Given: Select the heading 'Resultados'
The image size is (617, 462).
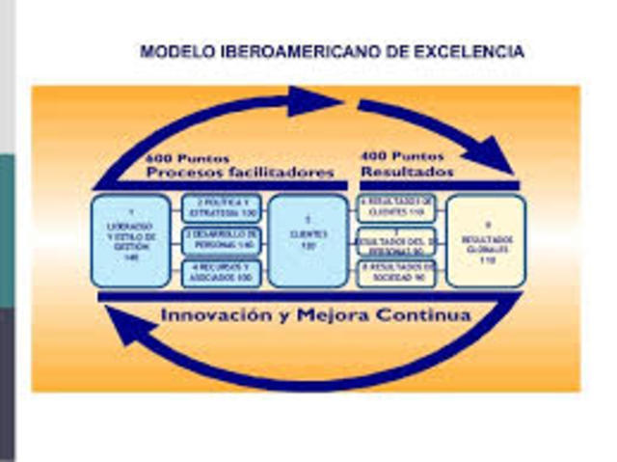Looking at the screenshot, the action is [408, 172].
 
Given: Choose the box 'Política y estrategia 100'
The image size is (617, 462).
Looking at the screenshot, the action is [222, 207].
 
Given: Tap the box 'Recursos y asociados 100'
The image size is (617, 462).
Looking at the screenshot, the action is [222, 273].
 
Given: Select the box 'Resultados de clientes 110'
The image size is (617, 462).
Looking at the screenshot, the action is [398, 207].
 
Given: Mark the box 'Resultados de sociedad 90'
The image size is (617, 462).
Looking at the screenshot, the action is [398, 273].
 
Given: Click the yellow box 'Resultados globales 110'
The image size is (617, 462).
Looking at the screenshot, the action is [486, 240].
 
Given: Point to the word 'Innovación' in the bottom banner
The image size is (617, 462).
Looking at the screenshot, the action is [214, 315].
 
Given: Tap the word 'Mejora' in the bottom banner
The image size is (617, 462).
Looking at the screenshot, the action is [339, 315].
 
